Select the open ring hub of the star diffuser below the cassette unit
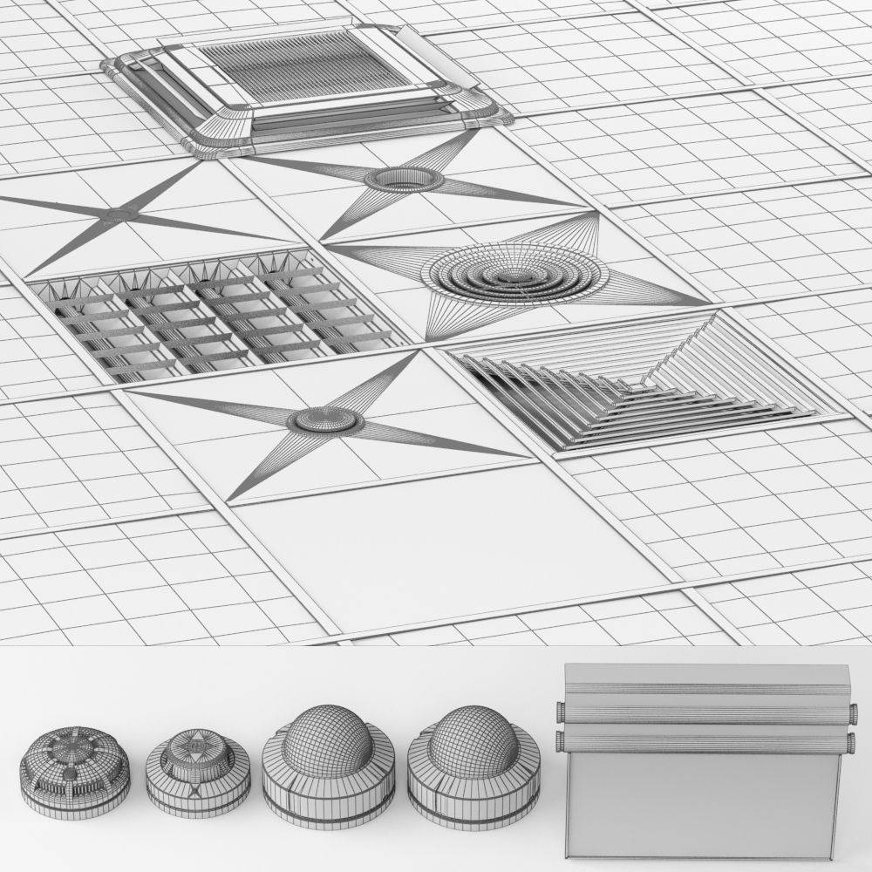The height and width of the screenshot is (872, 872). click(x=404, y=180)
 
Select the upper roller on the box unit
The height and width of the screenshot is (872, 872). click(x=706, y=712)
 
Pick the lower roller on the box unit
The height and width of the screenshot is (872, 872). click(x=706, y=743)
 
